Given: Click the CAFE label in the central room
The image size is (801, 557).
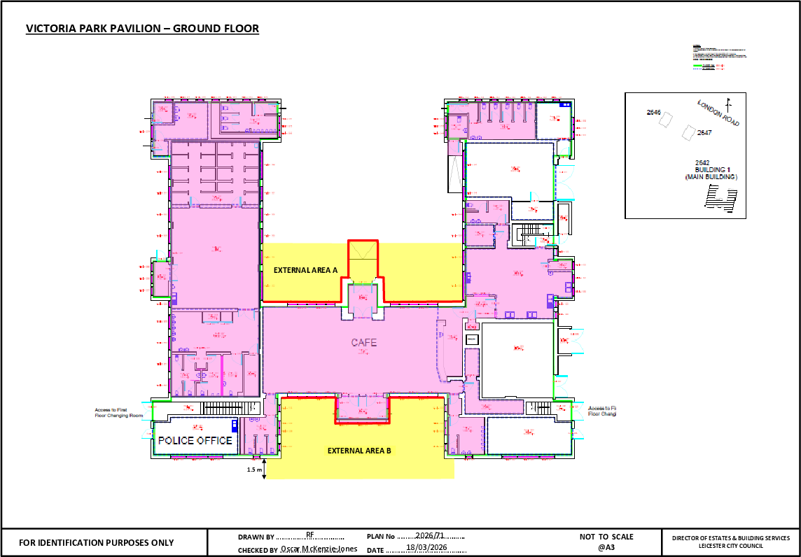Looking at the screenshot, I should point(363,342).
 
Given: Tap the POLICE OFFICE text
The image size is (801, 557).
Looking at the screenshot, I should point(195,440).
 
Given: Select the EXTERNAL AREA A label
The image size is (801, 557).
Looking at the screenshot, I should point(305,270).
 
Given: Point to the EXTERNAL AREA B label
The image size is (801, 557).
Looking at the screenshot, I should point(359,451).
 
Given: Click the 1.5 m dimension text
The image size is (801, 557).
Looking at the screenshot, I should point(254,470).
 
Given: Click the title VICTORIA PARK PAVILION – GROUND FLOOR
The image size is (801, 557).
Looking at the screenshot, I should point(142,29).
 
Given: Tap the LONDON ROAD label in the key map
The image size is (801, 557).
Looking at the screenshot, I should point(718,113).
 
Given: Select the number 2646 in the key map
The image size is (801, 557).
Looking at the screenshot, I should point(653,112).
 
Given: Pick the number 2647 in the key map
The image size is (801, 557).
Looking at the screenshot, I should point(704,132).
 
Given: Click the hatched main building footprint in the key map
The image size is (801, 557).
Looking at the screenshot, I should point(720,200).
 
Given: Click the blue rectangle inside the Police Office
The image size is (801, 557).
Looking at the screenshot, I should point(234,424).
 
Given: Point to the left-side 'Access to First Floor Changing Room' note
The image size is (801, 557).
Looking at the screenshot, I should point(119,412).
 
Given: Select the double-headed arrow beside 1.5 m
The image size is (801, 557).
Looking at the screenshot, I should point(264,468).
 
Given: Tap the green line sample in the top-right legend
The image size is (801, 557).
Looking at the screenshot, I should point(706,64).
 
